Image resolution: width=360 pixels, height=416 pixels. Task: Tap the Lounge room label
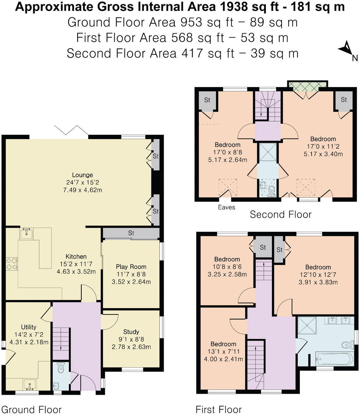pyautogui.click(x=82, y=175)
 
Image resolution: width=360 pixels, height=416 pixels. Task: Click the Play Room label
pyautogui.click(x=131, y=267)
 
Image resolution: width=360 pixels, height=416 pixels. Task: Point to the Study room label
pyautogui.click(x=131, y=332)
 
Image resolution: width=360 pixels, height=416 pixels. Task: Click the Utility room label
pyautogui.click(x=28, y=327)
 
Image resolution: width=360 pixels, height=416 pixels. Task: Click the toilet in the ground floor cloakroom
pyautogui.click(x=60, y=368)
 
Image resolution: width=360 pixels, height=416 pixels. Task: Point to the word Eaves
pyautogui.click(x=227, y=207)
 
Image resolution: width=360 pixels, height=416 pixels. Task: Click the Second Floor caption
pyautogui.click(x=280, y=214)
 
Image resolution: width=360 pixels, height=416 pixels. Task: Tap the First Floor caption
pyautogui.click(x=219, y=410)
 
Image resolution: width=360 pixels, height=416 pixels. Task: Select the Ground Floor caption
pyautogui.click(x=31, y=410)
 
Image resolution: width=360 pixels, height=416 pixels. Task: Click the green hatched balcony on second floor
pyautogui.click(x=307, y=85)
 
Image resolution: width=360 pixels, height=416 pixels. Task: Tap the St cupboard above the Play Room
pyautogui.click(x=131, y=233)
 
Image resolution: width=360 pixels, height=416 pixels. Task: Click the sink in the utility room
pyautogui.click(x=30, y=384)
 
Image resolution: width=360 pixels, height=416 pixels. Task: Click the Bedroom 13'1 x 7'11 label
pyautogui.click(x=223, y=344)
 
